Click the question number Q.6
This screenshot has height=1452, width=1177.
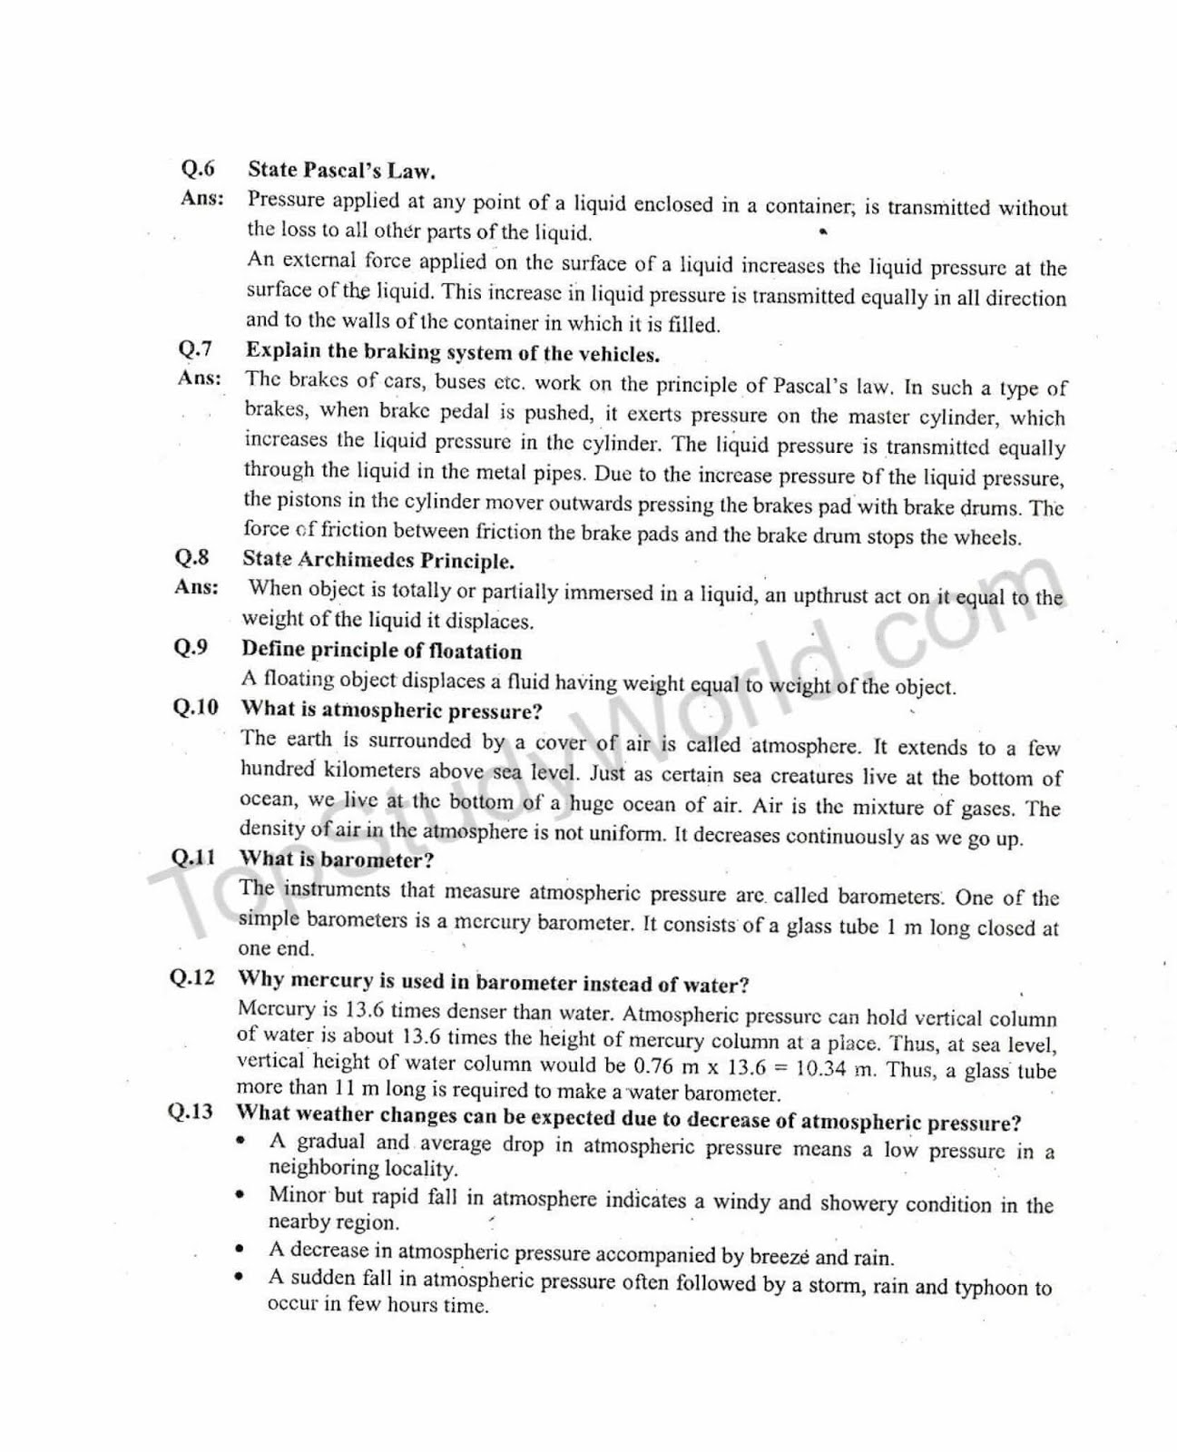198,169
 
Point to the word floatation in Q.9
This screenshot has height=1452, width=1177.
476,652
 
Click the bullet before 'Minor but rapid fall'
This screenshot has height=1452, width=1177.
240,1195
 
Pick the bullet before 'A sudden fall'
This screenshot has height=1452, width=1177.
240,1277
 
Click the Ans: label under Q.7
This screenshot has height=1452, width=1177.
200,378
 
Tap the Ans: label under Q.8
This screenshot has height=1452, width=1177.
197,587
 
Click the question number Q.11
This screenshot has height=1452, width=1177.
193,857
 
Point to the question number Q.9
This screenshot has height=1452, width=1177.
191,647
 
